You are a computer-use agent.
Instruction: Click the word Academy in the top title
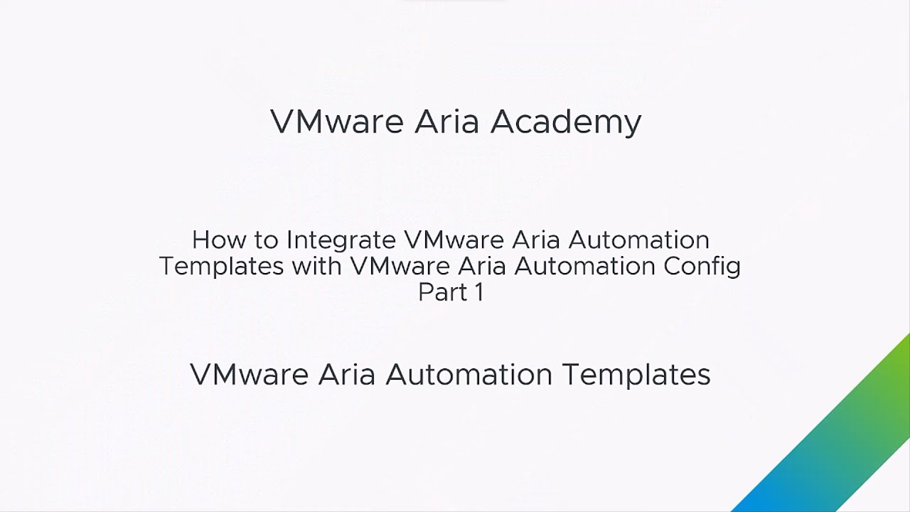coord(565,122)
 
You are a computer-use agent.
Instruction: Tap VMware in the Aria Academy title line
coord(337,121)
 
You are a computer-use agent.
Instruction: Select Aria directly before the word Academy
coord(446,121)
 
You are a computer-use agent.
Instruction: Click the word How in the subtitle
coord(219,240)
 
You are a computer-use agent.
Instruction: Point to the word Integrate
coord(341,241)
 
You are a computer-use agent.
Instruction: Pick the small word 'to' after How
coord(266,240)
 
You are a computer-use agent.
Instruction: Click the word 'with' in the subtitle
coord(316,266)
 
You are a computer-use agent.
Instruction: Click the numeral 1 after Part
coord(479,292)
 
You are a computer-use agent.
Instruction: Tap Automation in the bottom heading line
coord(469,374)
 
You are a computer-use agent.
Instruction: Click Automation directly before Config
coord(584,266)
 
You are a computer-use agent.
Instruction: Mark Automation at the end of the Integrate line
coord(638,240)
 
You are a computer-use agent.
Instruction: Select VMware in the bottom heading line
coord(249,374)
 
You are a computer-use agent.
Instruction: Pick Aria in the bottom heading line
coord(346,374)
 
